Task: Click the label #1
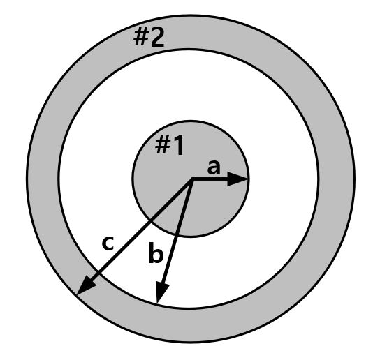170,146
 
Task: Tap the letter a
214,167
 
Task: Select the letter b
156,255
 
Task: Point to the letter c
108,243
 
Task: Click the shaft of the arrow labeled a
213,180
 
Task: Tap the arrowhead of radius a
240,180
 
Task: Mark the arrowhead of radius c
86,287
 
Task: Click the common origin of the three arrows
191,180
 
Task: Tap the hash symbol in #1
162,146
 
